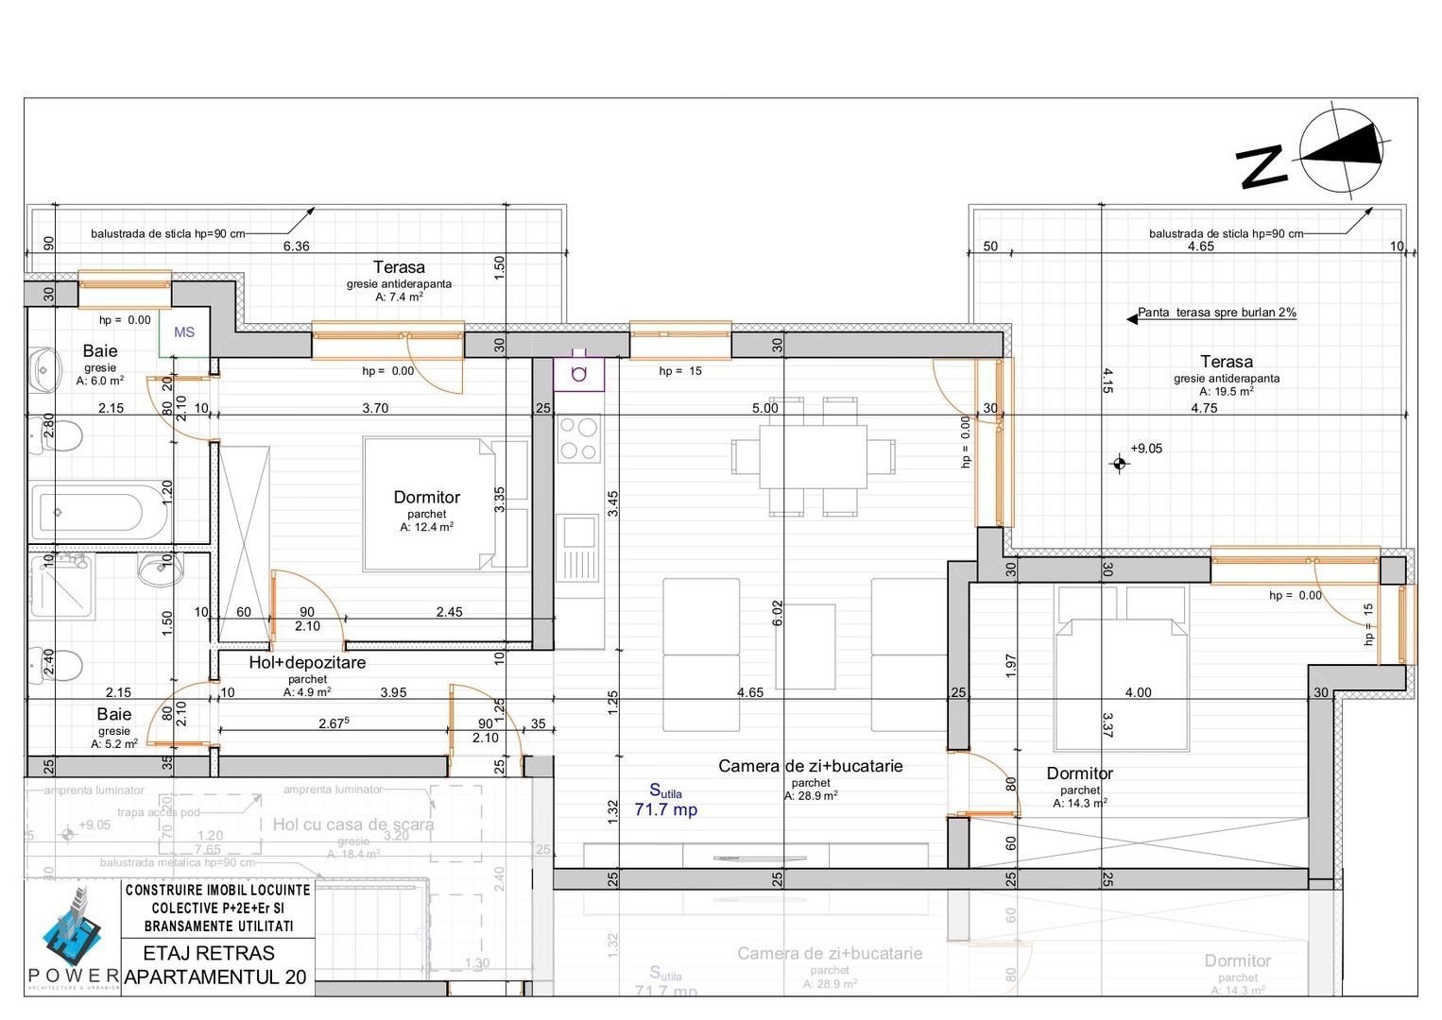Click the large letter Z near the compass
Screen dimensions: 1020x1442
tap(1262, 167)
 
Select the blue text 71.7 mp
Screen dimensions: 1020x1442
tap(665, 809)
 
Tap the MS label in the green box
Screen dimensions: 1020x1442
tap(184, 332)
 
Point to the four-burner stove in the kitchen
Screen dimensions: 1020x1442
tap(578, 439)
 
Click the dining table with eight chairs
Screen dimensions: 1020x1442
tap(813, 456)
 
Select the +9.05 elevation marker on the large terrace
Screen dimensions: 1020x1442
tap(1121, 463)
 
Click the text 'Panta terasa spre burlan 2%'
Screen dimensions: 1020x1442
tap(1216, 313)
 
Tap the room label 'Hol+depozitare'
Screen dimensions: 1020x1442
tap(307, 662)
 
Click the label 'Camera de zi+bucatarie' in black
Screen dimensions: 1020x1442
tap(810, 766)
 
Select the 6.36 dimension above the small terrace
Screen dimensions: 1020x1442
tap(296, 246)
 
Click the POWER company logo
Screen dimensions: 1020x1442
tap(73, 935)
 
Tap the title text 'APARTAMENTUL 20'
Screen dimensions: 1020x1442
tap(215, 977)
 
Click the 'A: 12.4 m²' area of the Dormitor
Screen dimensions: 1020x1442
tap(426, 528)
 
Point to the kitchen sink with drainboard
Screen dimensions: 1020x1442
tap(577, 548)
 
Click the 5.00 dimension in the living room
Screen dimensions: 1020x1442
tap(764, 408)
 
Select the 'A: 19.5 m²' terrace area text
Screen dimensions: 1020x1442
tap(1227, 392)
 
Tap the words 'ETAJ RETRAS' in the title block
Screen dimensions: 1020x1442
tap(209, 953)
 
